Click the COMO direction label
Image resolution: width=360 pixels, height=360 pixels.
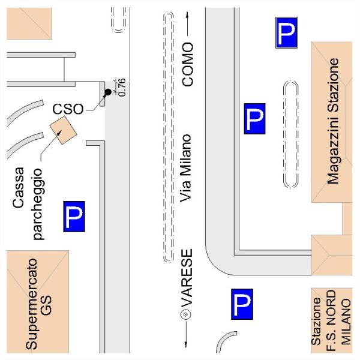coord(188,65)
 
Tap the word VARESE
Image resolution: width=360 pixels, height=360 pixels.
coord(187,278)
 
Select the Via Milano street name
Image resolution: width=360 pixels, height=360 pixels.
coord(185,168)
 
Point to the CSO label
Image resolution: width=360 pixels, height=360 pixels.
coord(68,109)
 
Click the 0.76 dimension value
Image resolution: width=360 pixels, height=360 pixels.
coord(122,87)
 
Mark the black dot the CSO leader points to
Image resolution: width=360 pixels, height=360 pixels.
coord(107,92)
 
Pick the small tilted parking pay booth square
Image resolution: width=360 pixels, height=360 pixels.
coord(63,130)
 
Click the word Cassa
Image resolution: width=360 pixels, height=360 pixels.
coord(19,188)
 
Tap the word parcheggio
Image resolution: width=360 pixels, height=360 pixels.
coord(38,205)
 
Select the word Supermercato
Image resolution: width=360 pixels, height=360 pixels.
coord(31,304)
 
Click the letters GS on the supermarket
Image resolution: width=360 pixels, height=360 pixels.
coord(46,305)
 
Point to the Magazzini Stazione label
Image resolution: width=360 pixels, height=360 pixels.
coord(333,121)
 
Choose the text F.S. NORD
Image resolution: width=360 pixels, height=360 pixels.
coord(331,320)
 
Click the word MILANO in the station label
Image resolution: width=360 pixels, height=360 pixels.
coord(346,322)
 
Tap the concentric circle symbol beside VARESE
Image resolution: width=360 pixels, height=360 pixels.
coord(186,314)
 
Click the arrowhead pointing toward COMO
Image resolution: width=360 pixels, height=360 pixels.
coord(188,15)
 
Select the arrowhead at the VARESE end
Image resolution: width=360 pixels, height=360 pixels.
coord(186,344)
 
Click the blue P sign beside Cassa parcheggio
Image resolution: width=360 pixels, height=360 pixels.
coord(74,217)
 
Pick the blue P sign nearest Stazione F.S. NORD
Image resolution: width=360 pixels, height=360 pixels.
coord(242,304)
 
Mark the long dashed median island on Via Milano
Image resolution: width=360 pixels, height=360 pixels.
coord(169,137)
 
